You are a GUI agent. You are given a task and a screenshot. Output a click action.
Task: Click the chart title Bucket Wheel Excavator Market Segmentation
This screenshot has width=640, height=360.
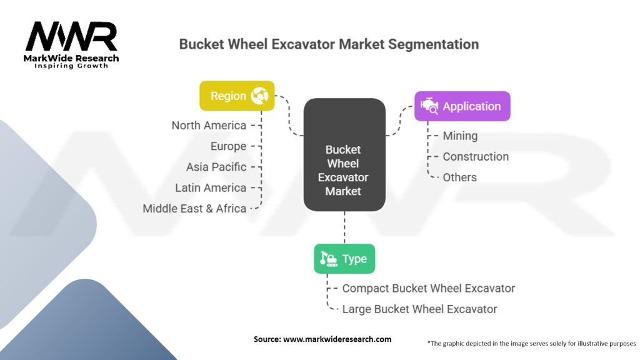tap(329, 44)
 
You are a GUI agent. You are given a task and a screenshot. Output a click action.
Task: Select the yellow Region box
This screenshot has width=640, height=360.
tap(237, 96)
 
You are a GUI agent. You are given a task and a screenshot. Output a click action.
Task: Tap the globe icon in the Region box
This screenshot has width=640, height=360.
tap(259, 96)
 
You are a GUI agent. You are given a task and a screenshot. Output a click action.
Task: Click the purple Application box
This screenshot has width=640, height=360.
tap(462, 106)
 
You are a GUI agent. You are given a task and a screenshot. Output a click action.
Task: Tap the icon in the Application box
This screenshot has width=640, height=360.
tap(429, 106)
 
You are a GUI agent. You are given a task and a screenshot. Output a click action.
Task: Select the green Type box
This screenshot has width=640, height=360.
tap(344, 259)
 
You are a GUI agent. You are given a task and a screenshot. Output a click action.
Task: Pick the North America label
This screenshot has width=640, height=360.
tap(209, 126)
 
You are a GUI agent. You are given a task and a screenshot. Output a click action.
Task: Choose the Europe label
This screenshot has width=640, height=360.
tap(228, 146)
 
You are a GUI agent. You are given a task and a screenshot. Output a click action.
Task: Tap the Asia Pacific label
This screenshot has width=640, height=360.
tap(216, 167)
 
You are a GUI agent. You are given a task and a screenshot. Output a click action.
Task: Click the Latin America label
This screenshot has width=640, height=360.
tap(211, 187)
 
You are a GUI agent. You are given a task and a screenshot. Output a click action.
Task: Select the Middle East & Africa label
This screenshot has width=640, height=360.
tap(194, 208)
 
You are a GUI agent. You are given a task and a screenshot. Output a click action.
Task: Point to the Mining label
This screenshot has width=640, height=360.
tap(460, 136)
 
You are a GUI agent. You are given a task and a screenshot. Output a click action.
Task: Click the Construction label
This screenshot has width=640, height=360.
tap(476, 156)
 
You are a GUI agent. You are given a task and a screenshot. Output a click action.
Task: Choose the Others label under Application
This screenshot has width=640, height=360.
tap(459, 177)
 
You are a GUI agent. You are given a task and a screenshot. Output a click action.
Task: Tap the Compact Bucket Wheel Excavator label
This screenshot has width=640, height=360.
tap(428, 288)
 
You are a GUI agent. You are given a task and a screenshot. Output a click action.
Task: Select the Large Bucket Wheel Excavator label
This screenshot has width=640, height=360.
tap(419, 309)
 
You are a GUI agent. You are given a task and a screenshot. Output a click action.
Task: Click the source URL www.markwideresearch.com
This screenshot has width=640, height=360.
tap(337, 339)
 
